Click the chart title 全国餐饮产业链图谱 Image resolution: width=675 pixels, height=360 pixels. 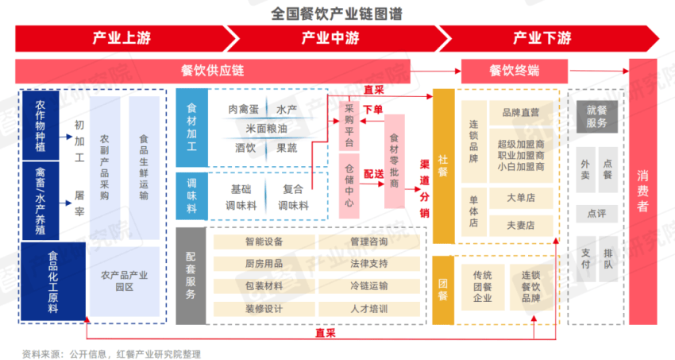pos(336,14)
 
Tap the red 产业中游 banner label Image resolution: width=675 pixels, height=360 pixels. pos(330,38)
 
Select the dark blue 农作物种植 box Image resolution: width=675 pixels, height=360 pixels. pos(40,126)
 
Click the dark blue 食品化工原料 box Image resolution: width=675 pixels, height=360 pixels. pos(53,281)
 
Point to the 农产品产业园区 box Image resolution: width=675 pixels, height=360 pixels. pos(125,281)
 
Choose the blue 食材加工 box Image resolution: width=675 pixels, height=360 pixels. pos(192,127)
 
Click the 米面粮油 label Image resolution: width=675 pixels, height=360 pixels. pos(266,128)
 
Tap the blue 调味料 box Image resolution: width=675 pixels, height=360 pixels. pos(192,196)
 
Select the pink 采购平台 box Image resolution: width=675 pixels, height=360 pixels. pos(349,126)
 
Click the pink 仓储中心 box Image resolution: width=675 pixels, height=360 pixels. pos(349,186)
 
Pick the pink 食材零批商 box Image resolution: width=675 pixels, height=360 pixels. pos(395,161)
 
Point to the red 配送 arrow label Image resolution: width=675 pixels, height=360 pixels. pos(373,174)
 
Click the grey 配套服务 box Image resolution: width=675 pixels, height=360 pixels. pos(191,276)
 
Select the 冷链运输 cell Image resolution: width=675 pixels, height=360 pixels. pos(369,286)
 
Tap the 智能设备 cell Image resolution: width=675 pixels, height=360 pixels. pos(264,242)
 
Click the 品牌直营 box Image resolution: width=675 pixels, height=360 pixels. pos(521,113)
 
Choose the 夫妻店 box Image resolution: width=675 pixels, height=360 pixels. pos(521,225)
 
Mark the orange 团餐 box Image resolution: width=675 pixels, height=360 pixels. pos(443,290)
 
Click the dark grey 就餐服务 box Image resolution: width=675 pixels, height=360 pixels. pos(596,117)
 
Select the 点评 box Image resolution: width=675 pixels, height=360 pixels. pos(596,214)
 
